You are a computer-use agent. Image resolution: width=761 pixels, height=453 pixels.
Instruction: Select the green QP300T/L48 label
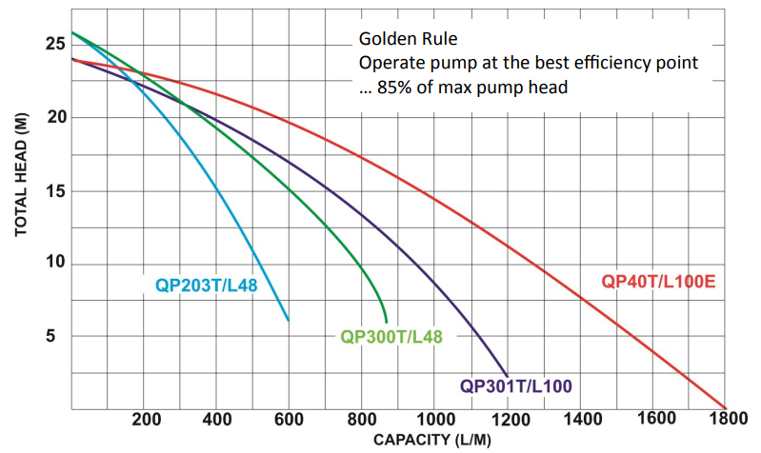391,336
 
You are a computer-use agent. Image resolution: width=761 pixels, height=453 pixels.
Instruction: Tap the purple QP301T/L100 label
515,385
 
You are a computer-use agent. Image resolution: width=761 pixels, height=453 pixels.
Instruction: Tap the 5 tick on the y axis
58,336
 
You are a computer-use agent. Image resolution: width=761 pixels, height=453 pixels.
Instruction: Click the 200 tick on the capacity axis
146,420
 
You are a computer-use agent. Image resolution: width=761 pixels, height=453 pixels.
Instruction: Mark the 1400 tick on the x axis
581,420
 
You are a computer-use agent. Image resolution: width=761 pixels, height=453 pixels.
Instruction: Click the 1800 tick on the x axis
726,420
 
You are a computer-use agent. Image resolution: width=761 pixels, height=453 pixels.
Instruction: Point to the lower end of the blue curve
288,321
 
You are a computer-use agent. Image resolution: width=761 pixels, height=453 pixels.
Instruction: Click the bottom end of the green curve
386,323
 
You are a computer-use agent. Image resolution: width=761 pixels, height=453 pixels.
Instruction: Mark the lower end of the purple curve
508,375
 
